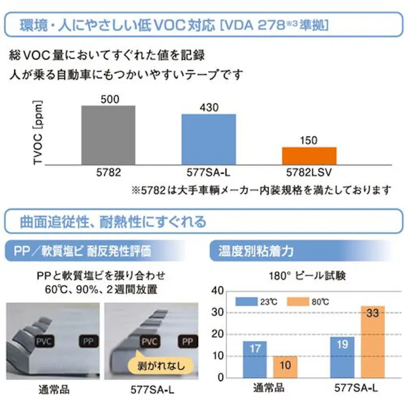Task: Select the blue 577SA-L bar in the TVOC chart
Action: coord(208,139)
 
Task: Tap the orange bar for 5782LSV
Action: coord(309,156)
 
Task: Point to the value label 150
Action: coord(309,140)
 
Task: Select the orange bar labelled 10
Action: coord(285,368)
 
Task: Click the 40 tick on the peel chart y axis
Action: coord(217,291)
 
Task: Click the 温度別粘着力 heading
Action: coord(246,250)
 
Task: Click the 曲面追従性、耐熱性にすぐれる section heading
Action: coord(114,220)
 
